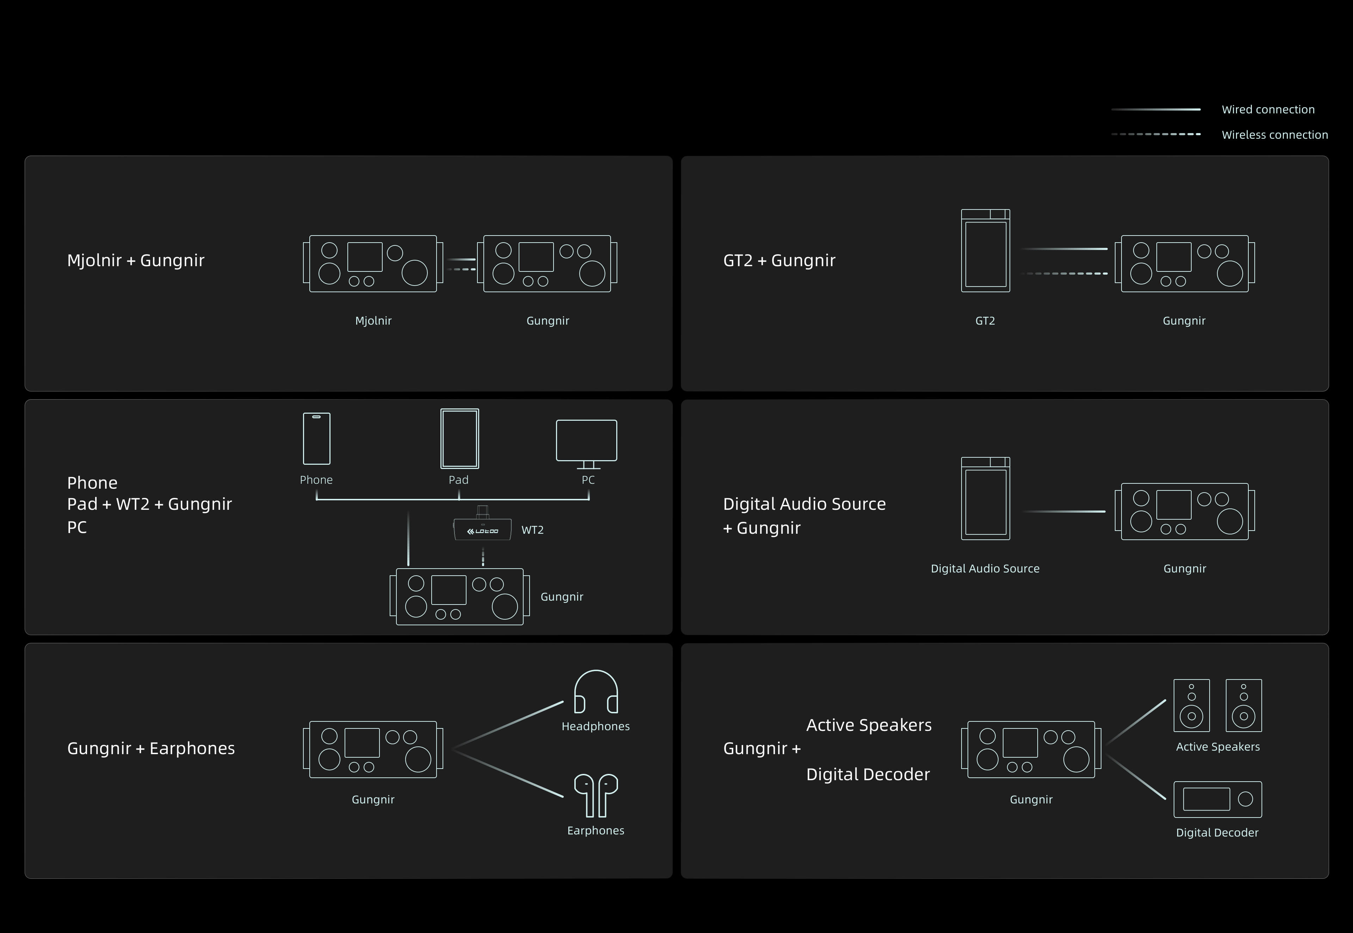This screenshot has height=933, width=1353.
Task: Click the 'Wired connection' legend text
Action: click(x=1268, y=109)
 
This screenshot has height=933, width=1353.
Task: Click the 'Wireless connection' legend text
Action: click(x=1275, y=134)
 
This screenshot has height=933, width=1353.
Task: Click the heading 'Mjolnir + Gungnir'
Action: click(x=136, y=260)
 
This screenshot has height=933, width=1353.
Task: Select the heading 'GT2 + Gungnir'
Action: click(x=779, y=260)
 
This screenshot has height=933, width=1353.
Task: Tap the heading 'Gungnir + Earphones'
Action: click(x=151, y=748)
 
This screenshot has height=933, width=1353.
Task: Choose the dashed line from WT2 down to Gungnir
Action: click(x=483, y=557)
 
